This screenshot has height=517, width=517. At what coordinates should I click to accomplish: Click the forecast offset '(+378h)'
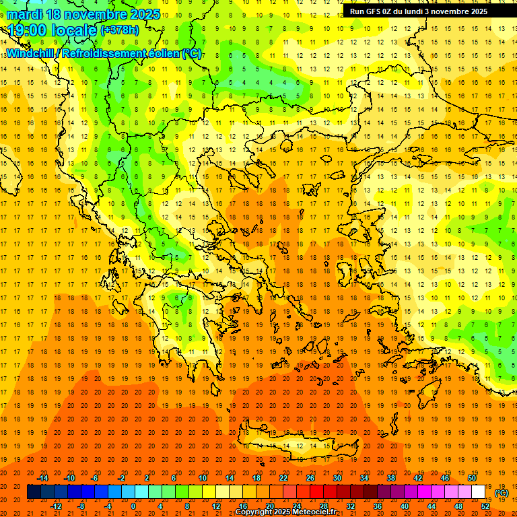click(119, 30)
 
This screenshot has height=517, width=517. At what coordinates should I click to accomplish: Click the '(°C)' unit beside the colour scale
click(502, 492)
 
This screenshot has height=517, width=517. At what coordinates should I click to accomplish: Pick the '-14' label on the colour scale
click(42, 478)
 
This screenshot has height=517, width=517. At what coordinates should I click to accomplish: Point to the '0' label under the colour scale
click(133, 506)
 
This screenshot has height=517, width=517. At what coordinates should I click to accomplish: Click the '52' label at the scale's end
click(485, 506)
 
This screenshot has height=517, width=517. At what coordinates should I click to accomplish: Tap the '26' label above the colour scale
click(310, 478)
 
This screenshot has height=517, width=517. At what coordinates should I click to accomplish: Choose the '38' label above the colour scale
click(390, 478)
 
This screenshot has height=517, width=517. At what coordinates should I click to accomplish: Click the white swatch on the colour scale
click(478, 492)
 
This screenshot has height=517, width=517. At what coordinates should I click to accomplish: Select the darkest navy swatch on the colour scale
click(34, 492)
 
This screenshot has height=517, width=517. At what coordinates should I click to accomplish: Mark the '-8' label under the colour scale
click(81, 506)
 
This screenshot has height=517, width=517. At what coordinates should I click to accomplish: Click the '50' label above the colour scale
click(471, 478)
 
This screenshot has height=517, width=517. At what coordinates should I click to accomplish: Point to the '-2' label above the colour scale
click(121, 478)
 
